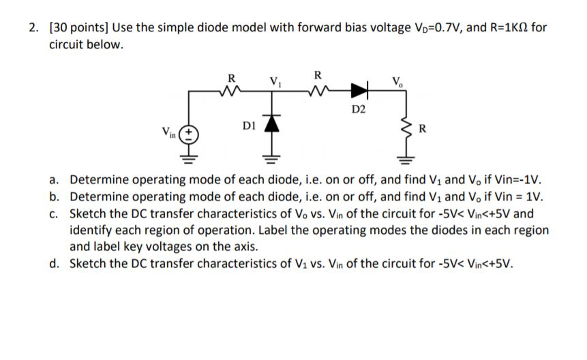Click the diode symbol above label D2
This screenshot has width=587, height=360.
point(359,89)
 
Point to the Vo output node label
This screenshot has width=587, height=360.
point(397,78)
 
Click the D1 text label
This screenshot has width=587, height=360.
point(249,125)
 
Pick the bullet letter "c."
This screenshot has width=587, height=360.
point(55,213)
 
